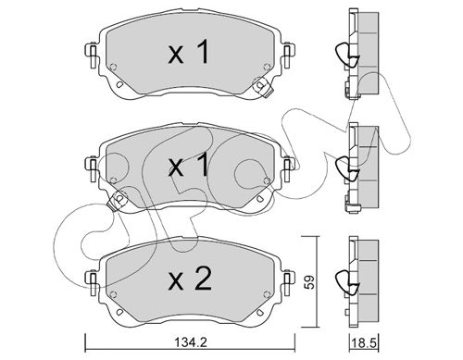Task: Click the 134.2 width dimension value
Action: pos(191,342)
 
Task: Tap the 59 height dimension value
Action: pos(310,281)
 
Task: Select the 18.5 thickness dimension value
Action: pos(364,342)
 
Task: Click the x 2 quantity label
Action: pos(190,279)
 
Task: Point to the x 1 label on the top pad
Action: pos(189,53)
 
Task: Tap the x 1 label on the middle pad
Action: pos(189,166)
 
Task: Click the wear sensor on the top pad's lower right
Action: pos(262,87)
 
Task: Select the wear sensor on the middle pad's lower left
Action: pos(118,200)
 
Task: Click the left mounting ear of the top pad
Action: pos(92,56)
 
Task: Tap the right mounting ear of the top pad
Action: pos(288,56)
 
